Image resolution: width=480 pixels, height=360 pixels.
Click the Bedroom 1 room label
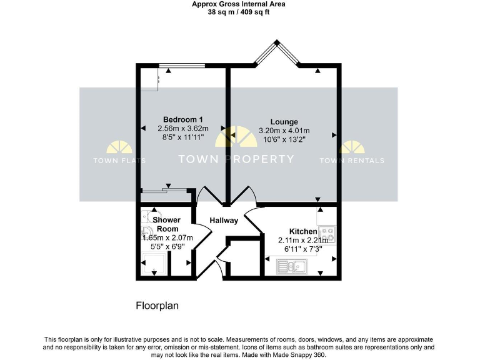(x=182, y=120)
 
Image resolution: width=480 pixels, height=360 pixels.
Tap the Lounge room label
(x=284, y=122)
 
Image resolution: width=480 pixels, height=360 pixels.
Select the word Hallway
(x=224, y=221)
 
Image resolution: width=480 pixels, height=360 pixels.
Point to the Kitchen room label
(x=302, y=231)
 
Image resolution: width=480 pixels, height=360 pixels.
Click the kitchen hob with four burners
(x=327, y=235)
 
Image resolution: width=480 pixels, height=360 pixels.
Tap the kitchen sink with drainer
(x=292, y=267)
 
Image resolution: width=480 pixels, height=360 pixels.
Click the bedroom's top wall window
(x=179, y=65)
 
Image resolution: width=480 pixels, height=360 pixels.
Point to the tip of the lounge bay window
(x=276, y=43)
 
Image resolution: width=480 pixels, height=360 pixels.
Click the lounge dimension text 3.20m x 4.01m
(x=284, y=131)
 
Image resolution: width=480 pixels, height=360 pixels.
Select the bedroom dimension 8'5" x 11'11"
(x=182, y=137)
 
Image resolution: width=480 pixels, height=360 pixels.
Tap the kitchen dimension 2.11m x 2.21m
(x=302, y=240)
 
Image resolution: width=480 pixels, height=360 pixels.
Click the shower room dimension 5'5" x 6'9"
(x=167, y=246)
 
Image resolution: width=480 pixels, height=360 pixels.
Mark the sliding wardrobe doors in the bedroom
(x=165, y=189)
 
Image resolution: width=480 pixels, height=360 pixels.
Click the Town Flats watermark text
(x=119, y=161)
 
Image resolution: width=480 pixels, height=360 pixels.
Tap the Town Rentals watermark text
(x=352, y=161)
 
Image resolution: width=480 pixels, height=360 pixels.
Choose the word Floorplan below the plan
(x=157, y=306)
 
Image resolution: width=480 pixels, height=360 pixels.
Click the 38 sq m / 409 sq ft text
(x=239, y=12)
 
